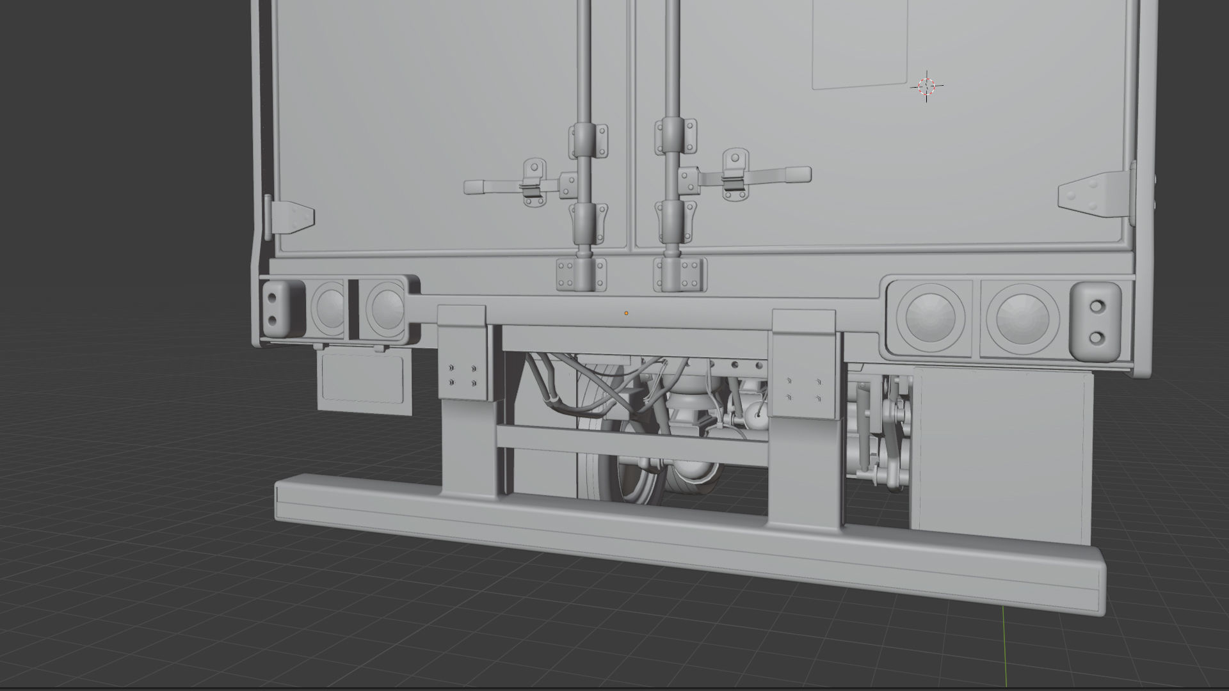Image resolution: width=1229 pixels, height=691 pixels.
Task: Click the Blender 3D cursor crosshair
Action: (926, 86)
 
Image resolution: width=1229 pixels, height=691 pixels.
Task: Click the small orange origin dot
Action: (626, 313)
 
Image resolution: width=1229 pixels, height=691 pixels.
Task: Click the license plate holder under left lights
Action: (364, 379)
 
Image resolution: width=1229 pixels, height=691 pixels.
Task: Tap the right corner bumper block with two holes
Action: (1095, 322)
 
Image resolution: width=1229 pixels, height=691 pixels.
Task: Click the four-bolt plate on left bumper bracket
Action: (462, 376)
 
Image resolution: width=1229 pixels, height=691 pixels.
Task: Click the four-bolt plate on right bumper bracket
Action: (803, 389)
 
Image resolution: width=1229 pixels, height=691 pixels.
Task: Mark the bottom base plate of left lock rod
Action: (581, 274)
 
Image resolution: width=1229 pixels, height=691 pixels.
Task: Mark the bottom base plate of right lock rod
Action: (680, 274)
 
